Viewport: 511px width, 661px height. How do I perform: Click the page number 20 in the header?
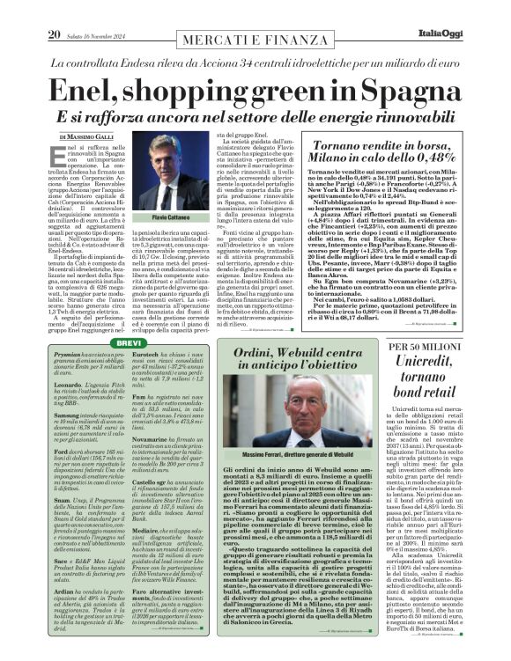54,10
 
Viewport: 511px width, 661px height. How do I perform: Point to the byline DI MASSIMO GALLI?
87,137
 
